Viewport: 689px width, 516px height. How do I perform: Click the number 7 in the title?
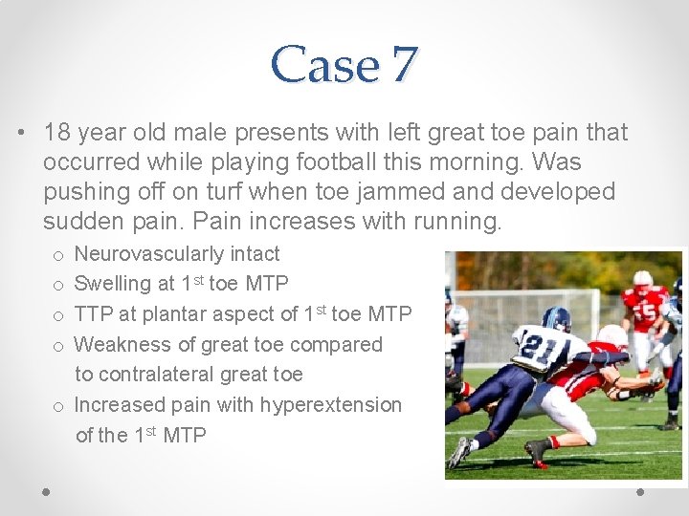(403, 65)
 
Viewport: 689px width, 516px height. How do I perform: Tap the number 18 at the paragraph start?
(56, 133)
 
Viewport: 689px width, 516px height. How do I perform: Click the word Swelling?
(111, 284)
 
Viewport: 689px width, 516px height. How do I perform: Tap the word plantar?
(172, 314)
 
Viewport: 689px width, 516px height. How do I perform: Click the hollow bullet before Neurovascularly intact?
(58, 255)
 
